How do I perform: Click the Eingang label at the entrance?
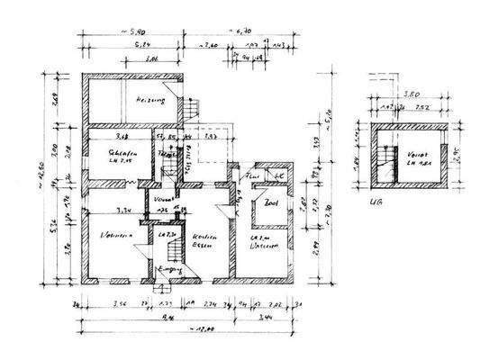point(169,270)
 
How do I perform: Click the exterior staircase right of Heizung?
point(193,110)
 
